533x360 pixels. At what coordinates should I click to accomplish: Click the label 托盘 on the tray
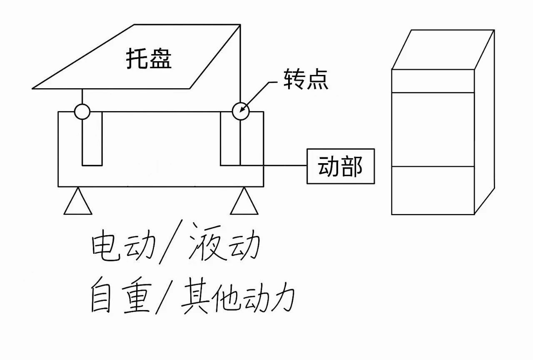[149, 60]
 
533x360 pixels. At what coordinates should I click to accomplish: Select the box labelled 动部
[340, 166]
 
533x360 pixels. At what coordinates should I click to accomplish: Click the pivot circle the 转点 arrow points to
[240, 111]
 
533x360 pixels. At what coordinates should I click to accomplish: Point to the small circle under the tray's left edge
[82, 112]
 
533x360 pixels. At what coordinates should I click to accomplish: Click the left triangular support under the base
[78, 202]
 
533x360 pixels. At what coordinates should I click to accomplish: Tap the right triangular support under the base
[244, 202]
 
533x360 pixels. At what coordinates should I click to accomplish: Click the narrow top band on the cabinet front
[433, 81]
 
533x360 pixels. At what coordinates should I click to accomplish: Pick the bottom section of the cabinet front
[433, 190]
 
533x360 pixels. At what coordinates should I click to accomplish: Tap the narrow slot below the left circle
[92, 142]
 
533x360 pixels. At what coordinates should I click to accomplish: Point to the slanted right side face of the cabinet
[484, 125]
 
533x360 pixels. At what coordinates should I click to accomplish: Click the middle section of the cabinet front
[433, 129]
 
